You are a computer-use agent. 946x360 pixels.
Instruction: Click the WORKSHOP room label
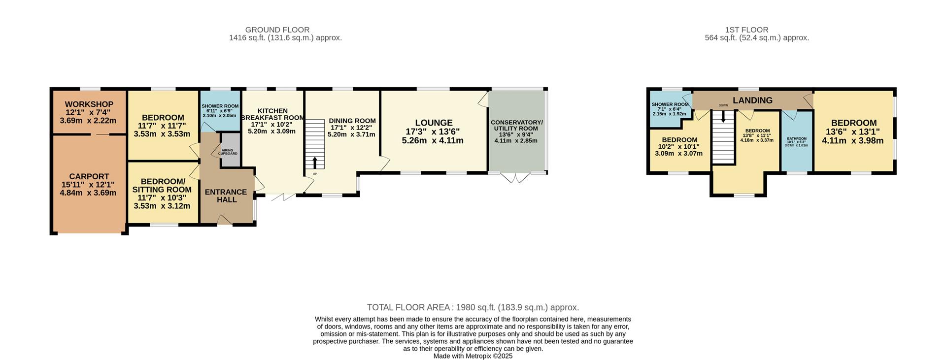pos(89,104)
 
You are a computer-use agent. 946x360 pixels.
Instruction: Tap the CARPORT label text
pos(89,176)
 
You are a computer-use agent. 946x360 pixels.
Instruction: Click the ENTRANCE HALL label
pos(226,196)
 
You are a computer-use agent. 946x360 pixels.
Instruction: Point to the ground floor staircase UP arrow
pos(315,163)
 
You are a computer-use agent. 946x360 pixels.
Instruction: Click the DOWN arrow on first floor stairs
pos(723,117)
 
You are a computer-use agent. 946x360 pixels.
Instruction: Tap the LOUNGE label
pos(433,123)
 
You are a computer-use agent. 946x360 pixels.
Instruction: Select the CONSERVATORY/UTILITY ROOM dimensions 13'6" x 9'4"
pos(516,134)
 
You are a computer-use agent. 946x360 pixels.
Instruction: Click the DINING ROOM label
pos(352,121)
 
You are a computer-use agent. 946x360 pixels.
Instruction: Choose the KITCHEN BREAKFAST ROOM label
pos(272,114)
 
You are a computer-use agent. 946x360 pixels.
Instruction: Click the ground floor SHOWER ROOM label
pos(220,106)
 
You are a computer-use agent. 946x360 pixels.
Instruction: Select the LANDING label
pos(752,100)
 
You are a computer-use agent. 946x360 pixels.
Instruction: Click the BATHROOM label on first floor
pos(796,138)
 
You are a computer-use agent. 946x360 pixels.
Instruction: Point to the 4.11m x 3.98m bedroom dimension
pos(852,141)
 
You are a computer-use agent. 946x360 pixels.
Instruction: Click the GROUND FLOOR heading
pos(277,30)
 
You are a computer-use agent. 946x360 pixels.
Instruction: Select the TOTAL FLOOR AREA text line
pos(473,307)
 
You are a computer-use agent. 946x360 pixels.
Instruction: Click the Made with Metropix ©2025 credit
pos(473,356)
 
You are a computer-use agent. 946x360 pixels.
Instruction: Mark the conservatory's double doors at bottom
pos(516,178)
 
